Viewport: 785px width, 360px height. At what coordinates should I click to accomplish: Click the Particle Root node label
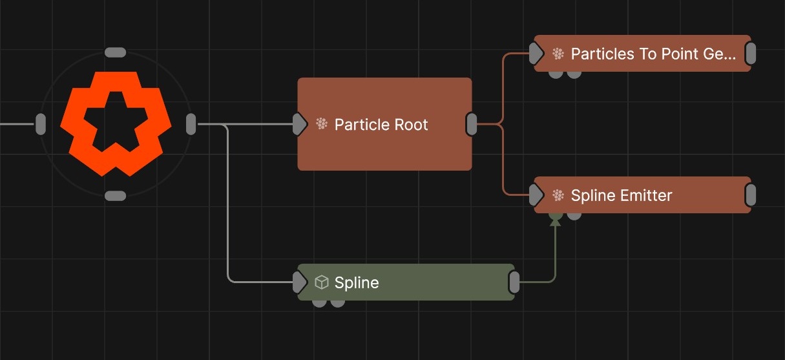[381, 125]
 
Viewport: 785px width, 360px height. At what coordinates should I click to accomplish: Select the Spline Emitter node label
[622, 195]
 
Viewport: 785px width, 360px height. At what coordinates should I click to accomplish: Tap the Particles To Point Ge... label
[653, 54]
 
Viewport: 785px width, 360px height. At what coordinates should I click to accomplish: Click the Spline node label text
[357, 282]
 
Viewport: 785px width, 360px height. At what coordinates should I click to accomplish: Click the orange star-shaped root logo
[116, 123]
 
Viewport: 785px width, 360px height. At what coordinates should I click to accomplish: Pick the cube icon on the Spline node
[321, 282]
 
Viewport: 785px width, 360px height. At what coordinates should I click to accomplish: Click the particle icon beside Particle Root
[322, 124]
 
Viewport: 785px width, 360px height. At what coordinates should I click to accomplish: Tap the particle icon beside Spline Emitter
[558, 195]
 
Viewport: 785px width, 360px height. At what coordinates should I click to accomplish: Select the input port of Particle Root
[299, 124]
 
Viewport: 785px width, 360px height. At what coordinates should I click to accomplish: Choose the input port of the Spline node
[299, 282]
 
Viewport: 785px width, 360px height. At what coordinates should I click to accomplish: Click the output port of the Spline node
[514, 282]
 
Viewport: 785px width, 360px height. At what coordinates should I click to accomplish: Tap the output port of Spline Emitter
[750, 195]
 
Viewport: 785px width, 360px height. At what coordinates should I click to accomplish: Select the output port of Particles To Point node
[750, 54]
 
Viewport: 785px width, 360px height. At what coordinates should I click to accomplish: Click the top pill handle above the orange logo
[115, 52]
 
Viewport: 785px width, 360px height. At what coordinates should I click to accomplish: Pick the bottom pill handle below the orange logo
[115, 196]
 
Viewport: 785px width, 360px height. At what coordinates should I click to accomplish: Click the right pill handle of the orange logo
[191, 123]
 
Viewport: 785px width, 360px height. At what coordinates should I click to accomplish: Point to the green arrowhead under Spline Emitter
[554, 221]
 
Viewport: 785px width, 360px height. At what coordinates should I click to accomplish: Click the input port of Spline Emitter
[536, 195]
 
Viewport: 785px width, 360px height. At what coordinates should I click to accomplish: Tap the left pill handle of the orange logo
[41, 123]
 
